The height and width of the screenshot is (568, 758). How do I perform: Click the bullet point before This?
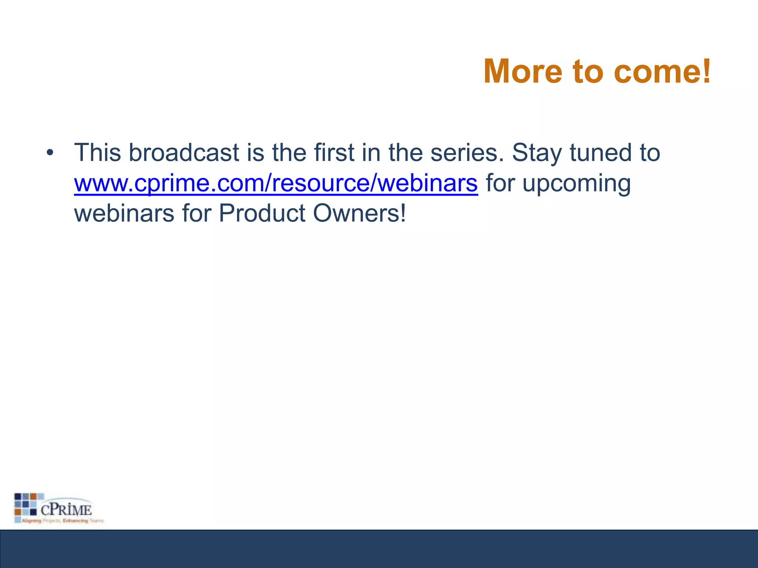pyautogui.click(x=50, y=152)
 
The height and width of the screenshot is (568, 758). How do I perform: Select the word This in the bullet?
pyautogui.click(x=97, y=152)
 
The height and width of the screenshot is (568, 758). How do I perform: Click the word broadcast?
pyautogui.click(x=184, y=152)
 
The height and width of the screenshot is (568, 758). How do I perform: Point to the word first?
pyautogui.click(x=334, y=152)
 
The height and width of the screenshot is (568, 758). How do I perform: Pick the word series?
pyautogui.click(x=467, y=152)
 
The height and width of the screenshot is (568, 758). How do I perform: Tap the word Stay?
pyautogui.click(x=536, y=153)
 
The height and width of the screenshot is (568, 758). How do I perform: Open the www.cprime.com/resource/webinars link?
pyautogui.click(x=276, y=183)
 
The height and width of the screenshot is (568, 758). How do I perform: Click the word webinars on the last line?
pyautogui.click(x=124, y=213)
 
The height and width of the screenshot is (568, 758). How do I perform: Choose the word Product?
pyautogui.click(x=262, y=213)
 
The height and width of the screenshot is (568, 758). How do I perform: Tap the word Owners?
pyautogui.click(x=359, y=213)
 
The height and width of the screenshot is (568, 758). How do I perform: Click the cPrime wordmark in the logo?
pyautogui.click(x=66, y=510)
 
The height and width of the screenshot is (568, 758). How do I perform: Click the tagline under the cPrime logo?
pyautogui.click(x=61, y=521)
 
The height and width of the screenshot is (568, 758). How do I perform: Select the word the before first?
pyautogui.click(x=289, y=152)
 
